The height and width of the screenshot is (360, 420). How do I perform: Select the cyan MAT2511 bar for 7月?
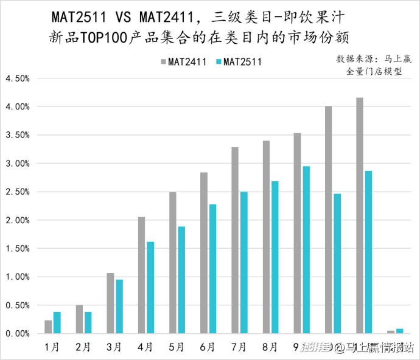[244, 263]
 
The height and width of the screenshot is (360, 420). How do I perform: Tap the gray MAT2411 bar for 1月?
[48, 327]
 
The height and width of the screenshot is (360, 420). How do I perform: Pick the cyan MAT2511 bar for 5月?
[181, 280]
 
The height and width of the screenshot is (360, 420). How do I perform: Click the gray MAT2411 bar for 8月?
[266, 237]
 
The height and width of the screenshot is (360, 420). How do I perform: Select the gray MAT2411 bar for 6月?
[204, 253]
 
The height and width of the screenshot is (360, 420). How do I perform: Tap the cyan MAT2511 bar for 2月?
[88, 322]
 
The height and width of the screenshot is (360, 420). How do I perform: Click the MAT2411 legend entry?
[183, 61]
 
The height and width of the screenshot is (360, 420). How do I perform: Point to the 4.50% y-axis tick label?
[18, 78]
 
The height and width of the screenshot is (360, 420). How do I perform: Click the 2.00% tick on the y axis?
[18, 220]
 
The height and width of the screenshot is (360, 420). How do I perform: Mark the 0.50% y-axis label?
[18, 305]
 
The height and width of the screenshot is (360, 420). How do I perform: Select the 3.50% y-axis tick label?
[18, 135]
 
